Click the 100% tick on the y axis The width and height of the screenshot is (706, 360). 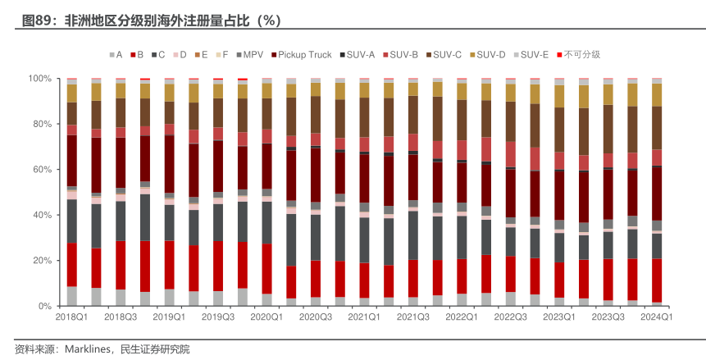coord(39,79)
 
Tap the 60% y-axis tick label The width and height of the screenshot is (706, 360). coord(42,170)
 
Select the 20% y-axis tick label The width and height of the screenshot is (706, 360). coord(42,261)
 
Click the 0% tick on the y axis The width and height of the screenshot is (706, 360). coord(44,306)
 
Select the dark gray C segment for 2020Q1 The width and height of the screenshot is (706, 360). coord(266,222)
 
